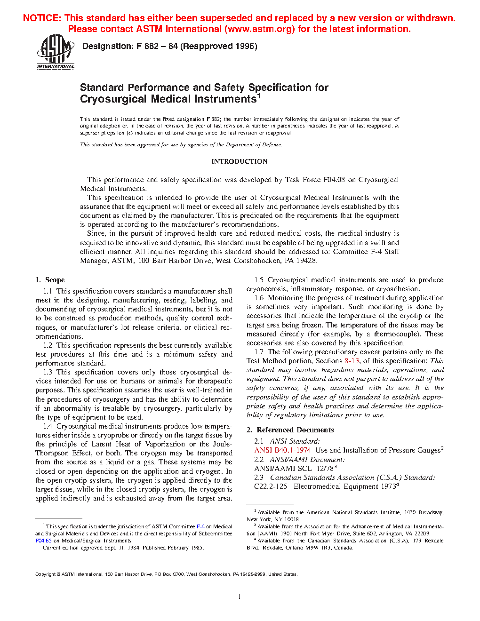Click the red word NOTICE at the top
coord(42,18)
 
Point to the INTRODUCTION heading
coord(239,161)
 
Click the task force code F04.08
coord(334,180)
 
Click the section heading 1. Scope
coord(50,280)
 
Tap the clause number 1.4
coord(48,426)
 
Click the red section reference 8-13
coord(352,361)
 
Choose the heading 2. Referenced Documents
coord(290,430)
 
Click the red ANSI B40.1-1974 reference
coord(282,450)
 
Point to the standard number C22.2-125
coord(271,486)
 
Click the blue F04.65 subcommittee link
coord(43,541)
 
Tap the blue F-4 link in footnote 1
coord(200,526)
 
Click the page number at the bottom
coord(240,597)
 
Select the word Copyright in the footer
coord(46,574)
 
